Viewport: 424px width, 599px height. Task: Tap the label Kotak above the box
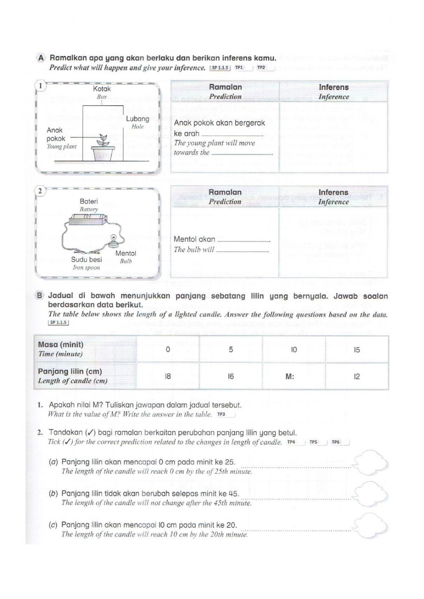coord(102,89)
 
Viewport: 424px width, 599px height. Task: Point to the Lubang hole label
coord(138,119)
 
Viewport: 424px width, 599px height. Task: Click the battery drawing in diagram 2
coord(87,220)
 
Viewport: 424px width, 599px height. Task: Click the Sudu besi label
coord(86,259)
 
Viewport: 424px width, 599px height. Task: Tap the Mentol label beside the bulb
coord(126,254)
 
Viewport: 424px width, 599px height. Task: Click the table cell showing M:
coord(293,376)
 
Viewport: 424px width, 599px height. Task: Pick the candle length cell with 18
coord(168,376)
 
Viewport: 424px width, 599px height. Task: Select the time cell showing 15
coord(357,350)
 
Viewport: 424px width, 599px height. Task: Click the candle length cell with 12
coord(357,376)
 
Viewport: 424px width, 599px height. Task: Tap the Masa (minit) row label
coord(61,345)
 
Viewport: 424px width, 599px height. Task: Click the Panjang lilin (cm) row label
coord(70,371)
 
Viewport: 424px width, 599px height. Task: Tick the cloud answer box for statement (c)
coord(370,524)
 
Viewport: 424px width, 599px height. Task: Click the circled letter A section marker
coord(41,58)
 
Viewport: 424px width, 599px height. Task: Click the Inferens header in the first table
coord(334,87)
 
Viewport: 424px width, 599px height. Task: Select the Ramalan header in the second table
coord(225,192)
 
